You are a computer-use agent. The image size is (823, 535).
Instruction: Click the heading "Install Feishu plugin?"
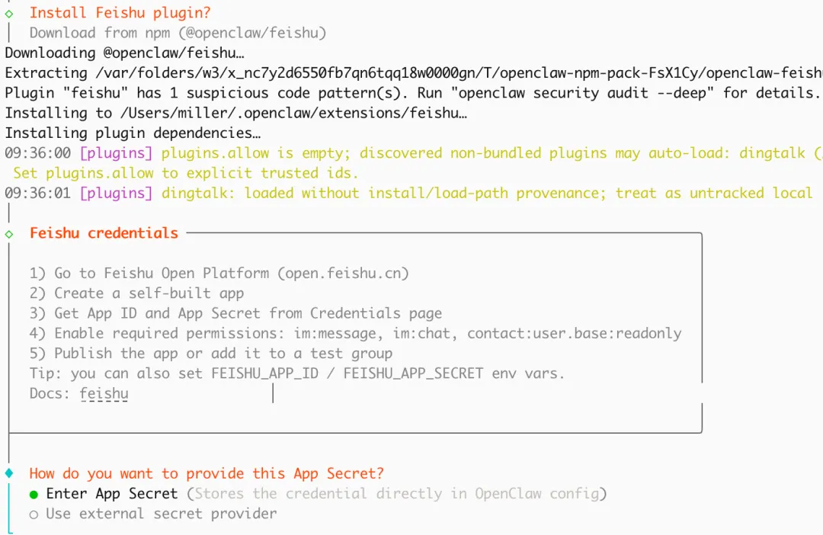click(x=120, y=13)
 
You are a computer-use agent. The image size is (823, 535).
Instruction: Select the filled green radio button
click(x=34, y=494)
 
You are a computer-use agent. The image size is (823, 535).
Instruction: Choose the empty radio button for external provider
click(x=34, y=514)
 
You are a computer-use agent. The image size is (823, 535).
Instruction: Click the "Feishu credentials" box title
click(x=104, y=233)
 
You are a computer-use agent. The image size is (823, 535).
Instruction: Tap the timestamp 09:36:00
click(x=37, y=153)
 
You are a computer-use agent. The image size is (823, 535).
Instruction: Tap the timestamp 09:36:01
click(x=37, y=193)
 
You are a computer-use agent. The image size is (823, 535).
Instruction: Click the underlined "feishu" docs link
click(x=104, y=394)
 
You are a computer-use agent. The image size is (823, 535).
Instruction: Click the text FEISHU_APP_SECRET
click(x=413, y=373)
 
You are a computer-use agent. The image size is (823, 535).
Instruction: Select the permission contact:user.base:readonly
click(x=575, y=333)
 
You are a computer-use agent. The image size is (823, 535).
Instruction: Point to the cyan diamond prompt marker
click(x=9, y=473)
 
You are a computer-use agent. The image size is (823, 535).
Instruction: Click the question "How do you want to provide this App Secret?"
click(x=207, y=473)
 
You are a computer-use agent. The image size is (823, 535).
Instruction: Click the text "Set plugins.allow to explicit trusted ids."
click(x=185, y=173)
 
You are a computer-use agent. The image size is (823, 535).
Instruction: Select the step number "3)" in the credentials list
click(x=38, y=313)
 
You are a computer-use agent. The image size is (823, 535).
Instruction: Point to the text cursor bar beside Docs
click(x=273, y=393)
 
